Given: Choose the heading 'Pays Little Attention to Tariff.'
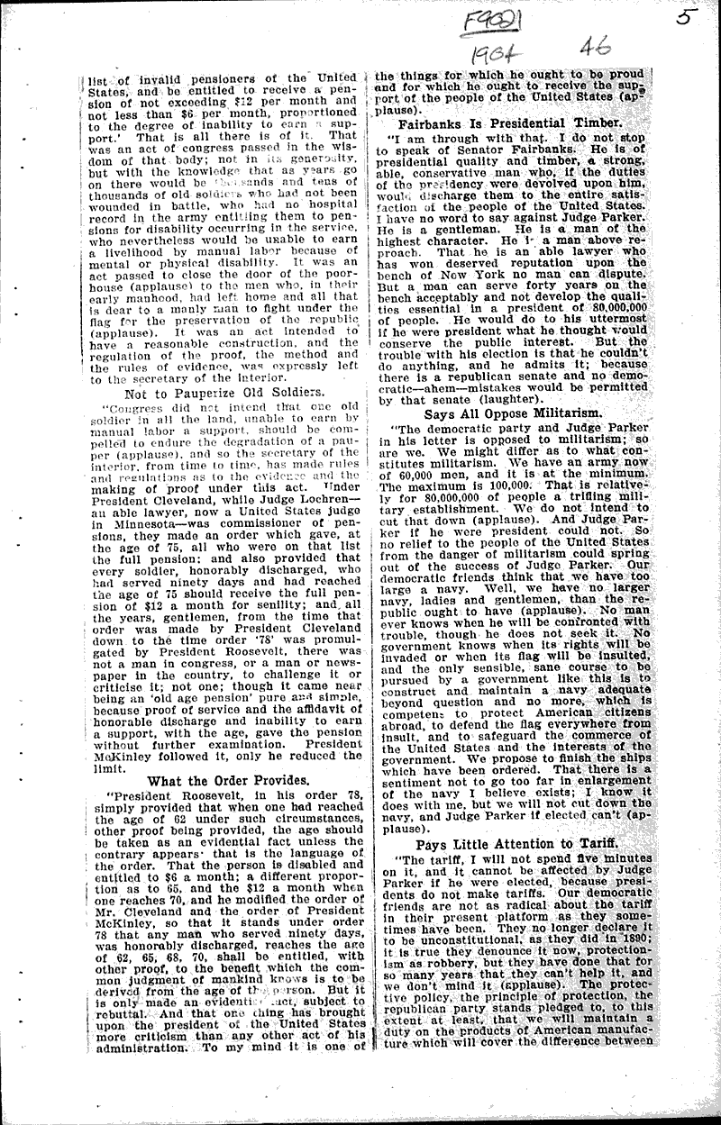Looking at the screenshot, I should (517, 843).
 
